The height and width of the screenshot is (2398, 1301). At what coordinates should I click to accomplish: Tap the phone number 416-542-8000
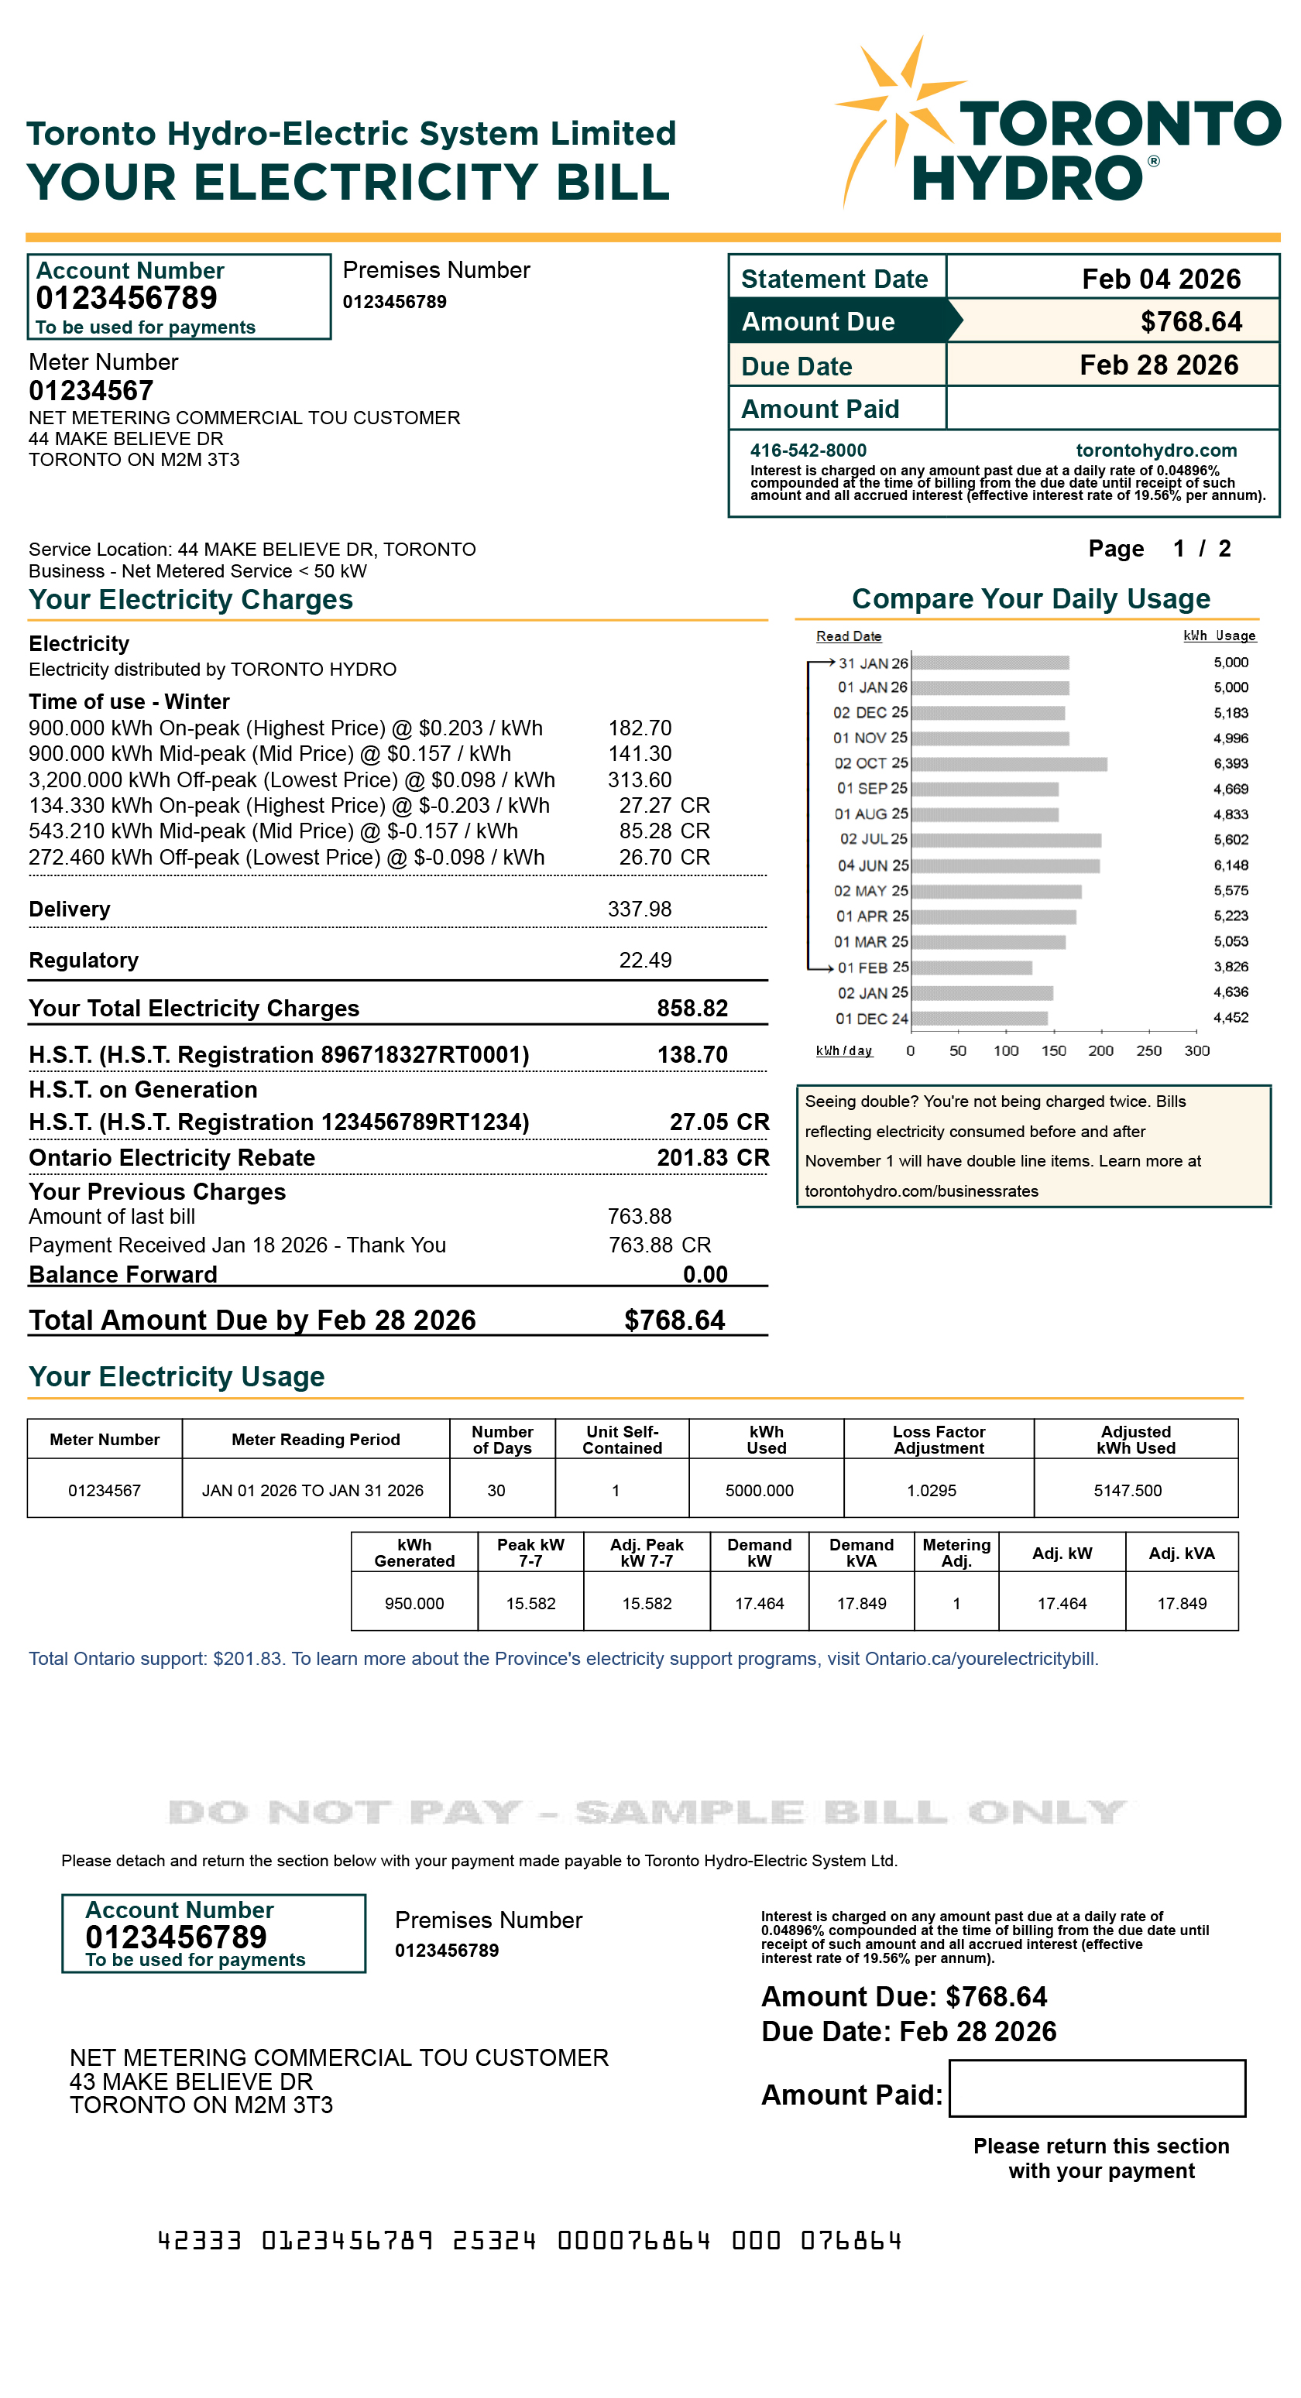808,450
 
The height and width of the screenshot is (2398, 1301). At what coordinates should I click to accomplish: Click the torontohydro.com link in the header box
1155,450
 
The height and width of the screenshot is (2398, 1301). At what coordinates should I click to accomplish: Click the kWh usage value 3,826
1231,968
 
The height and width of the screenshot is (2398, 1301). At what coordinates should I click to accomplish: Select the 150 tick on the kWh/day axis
1053,1050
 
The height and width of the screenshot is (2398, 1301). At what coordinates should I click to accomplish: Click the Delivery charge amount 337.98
639,910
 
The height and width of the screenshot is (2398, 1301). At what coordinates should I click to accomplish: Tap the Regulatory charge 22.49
644,961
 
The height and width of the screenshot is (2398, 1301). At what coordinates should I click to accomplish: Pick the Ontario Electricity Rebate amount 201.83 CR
712,1157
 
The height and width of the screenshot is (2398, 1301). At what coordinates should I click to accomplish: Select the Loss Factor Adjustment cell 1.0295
932,1490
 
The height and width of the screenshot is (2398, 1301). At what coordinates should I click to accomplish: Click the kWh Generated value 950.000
414,1603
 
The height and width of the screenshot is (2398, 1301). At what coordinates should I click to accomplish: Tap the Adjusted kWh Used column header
1135,1439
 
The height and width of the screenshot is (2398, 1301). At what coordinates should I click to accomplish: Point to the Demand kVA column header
860,1552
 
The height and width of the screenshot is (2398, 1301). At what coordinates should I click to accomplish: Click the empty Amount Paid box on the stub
1096,2088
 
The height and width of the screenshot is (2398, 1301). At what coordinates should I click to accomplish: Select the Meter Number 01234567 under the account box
91,391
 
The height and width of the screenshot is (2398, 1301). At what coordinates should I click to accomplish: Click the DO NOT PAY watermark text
647,1811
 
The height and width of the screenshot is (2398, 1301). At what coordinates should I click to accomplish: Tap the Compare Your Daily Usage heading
1030,598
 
